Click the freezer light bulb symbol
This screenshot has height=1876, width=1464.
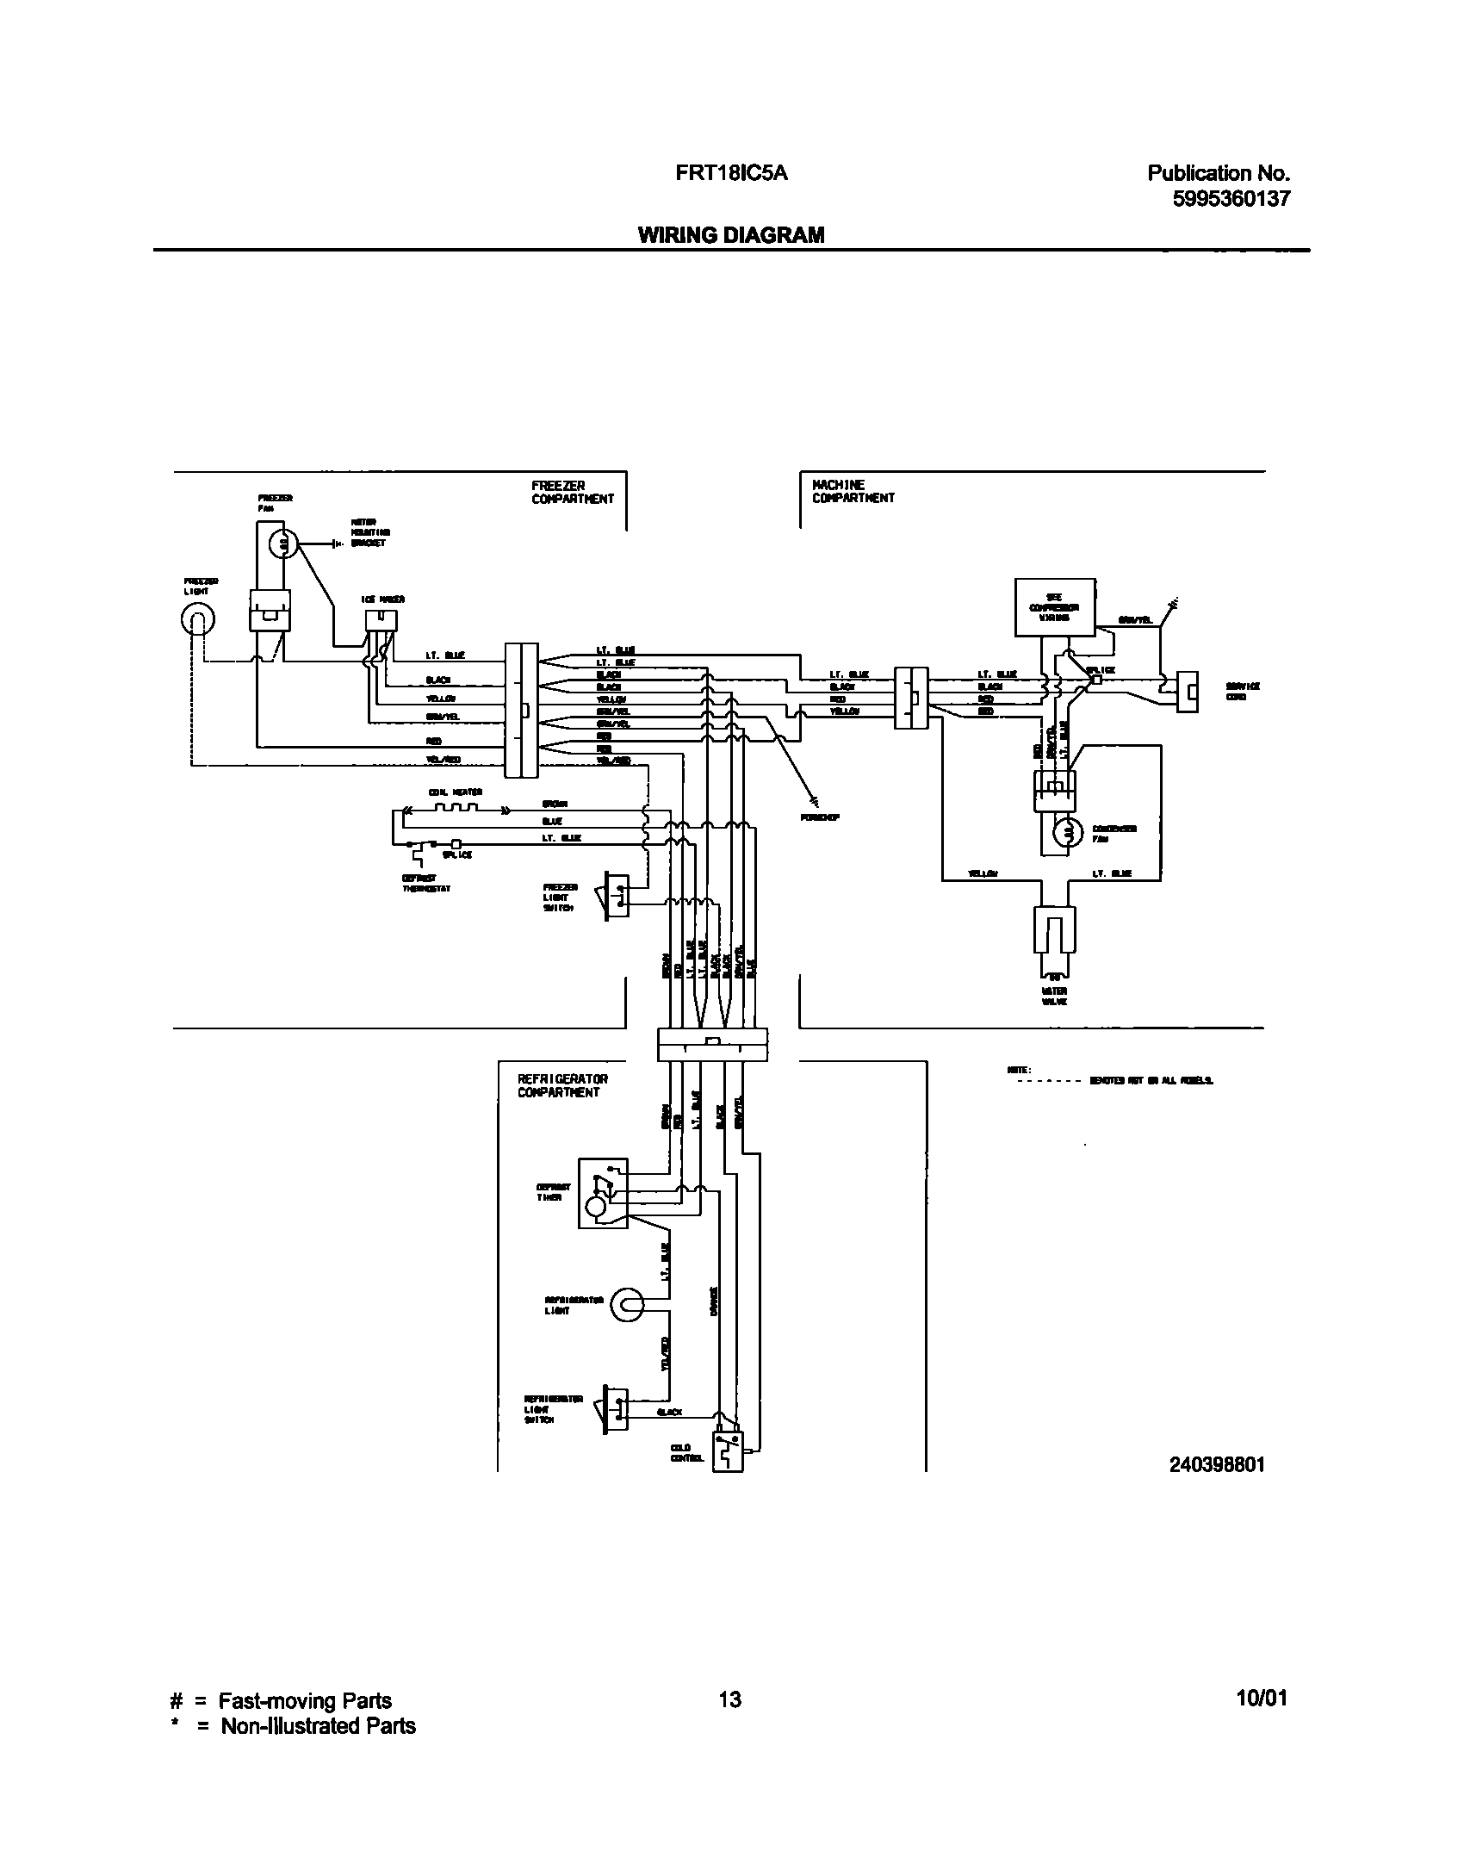coord(198,618)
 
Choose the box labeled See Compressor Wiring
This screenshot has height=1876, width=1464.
coord(1055,607)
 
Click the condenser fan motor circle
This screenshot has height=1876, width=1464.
coord(1068,830)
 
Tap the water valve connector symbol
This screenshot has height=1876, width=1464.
coord(1055,935)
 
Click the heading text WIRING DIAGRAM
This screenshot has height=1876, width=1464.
coord(730,235)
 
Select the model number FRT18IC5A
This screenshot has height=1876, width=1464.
coord(731,173)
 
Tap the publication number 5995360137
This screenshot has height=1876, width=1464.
coord(1231,199)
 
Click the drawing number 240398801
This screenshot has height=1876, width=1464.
coord(1217,1464)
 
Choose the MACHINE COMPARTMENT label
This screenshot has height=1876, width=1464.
coord(853,492)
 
